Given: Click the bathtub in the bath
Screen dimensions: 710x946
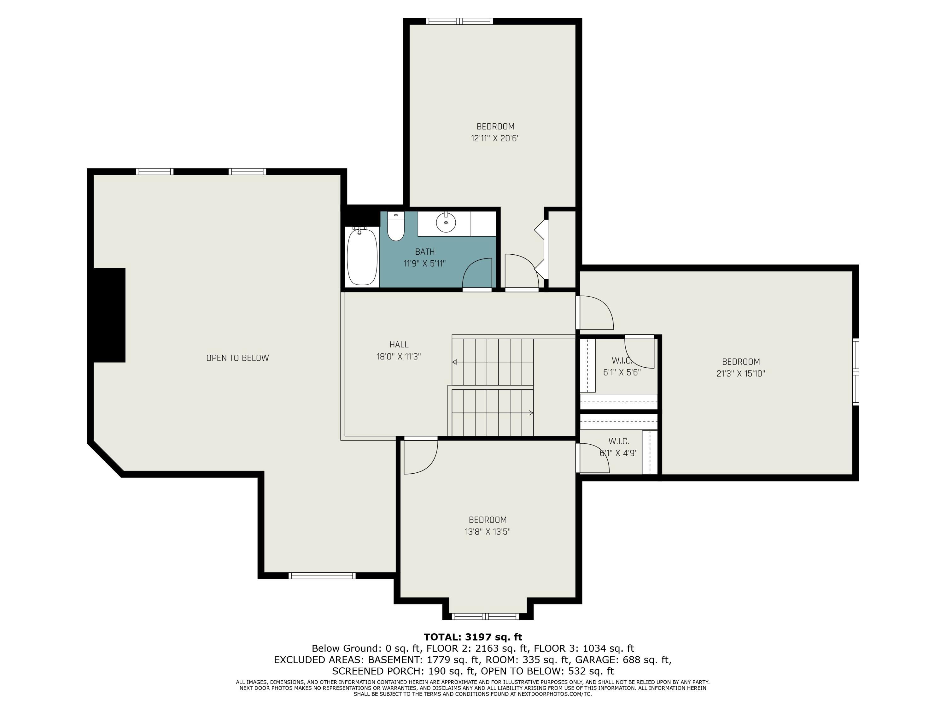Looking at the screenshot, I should pos(362,257).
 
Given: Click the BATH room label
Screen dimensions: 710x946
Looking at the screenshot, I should pos(425,251).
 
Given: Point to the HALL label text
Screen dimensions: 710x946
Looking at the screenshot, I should pos(399,345).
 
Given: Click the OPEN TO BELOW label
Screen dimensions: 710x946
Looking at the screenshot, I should pos(237,358).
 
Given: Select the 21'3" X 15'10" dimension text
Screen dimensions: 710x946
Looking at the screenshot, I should pos(741,373).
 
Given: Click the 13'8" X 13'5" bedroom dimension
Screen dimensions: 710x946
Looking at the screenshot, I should pos(488,531).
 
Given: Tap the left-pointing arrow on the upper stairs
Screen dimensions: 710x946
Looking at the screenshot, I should pos(455,362).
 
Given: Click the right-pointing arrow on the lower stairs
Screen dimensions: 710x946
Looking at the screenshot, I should pos(531,413).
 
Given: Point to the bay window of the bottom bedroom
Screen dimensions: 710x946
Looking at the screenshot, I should pos(485,616).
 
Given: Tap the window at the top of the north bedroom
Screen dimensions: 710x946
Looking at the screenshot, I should pos(459,21).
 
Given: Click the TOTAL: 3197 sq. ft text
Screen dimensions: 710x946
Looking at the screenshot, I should pos(473,637).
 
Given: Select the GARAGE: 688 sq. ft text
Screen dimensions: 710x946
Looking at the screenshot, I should pos(622,660).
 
